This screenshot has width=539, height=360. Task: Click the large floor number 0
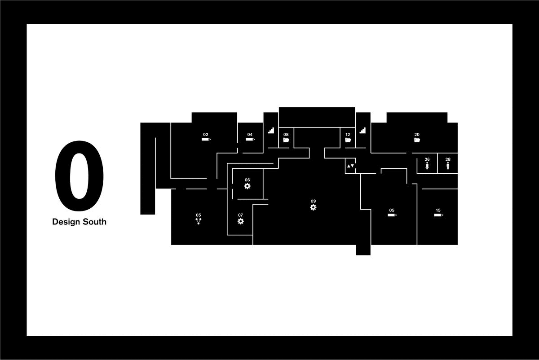click(x=79, y=176)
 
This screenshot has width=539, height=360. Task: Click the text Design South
click(x=79, y=222)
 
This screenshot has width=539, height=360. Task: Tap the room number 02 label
click(x=206, y=134)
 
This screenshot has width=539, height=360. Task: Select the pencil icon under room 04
click(x=250, y=140)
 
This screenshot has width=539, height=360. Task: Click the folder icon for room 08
click(x=286, y=140)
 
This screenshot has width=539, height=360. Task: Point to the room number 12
click(x=348, y=134)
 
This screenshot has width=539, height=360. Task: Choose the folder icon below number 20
click(x=417, y=140)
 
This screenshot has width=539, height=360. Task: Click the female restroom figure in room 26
click(x=427, y=166)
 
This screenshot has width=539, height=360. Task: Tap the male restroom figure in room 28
click(x=448, y=166)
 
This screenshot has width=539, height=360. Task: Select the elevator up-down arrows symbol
click(x=350, y=166)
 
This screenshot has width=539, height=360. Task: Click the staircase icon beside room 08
click(x=271, y=131)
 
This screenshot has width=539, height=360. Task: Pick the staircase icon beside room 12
click(x=362, y=131)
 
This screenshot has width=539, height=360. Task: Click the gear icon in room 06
click(x=247, y=186)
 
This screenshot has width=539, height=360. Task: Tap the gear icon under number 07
click(x=241, y=221)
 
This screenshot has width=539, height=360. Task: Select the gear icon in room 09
click(x=313, y=207)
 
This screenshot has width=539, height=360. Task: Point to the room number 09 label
click(x=313, y=201)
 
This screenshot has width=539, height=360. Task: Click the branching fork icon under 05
click(x=198, y=221)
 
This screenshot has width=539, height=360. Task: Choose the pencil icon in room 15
click(x=438, y=215)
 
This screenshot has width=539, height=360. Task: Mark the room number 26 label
click(x=427, y=159)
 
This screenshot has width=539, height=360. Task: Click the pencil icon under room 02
click(x=206, y=140)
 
